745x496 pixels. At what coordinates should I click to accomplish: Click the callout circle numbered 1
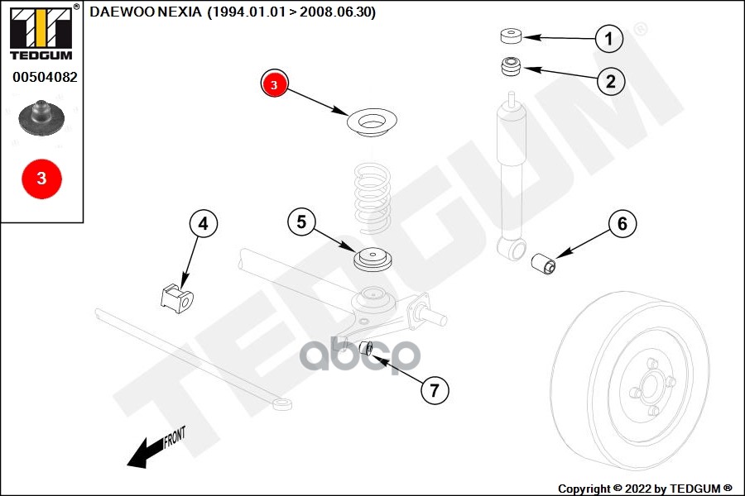click(609, 38)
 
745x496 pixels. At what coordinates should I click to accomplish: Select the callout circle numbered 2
click(610, 80)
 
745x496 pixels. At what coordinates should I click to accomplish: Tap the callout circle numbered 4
click(204, 222)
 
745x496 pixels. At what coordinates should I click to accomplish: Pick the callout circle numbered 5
click(301, 222)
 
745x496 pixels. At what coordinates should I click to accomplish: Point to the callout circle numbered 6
click(622, 222)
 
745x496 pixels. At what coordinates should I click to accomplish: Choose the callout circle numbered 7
click(435, 389)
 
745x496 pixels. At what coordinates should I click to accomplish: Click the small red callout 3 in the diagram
click(274, 83)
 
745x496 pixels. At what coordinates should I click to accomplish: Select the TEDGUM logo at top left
click(41, 32)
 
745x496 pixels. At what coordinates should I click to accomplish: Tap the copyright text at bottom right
click(645, 488)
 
